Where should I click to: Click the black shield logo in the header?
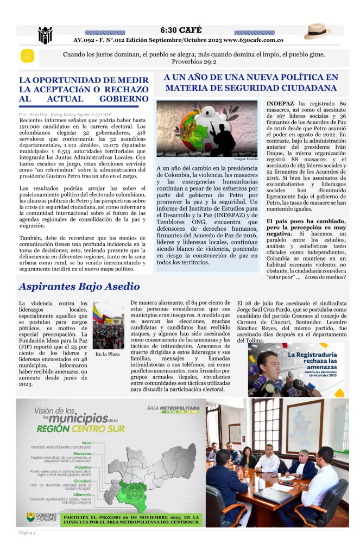pyautogui.click(x=45, y=35)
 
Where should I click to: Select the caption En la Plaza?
pyautogui.click(x=108, y=355)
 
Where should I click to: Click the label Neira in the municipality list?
pyautogui.click(x=86, y=443)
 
